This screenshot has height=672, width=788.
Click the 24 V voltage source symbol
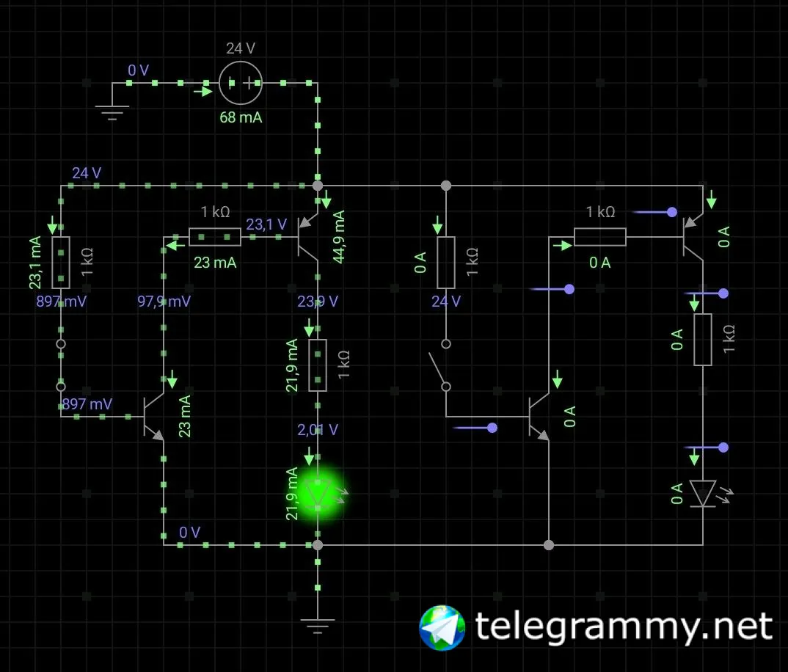[x=241, y=83]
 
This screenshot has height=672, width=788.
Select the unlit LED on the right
[x=703, y=493]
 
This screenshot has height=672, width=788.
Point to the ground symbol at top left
[x=112, y=110]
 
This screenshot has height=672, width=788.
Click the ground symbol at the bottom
[x=318, y=625]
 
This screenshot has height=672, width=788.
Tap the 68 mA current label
[x=241, y=117]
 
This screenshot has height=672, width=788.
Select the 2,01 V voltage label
[x=318, y=429]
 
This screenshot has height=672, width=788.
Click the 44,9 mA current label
[x=339, y=237]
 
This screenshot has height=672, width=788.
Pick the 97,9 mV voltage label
[x=164, y=301]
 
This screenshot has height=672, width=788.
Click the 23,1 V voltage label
[x=266, y=224]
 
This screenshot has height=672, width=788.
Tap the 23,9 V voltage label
[x=318, y=301]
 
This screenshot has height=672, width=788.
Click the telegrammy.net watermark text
[x=624, y=627]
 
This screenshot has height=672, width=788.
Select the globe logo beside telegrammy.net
[x=442, y=628]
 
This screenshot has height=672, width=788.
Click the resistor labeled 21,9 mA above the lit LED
[x=318, y=365]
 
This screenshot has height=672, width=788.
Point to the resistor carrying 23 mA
[x=214, y=237]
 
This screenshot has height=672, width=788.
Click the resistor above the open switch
[x=445, y=262]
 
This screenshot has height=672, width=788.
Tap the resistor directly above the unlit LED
[x=703, y=339]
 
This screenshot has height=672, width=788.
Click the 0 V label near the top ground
[x=138, y=70]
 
